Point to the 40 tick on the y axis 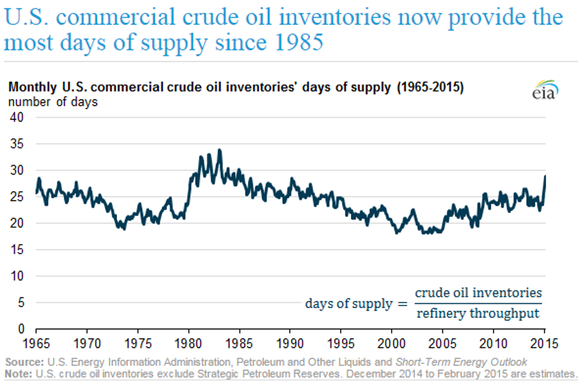click(17, 117)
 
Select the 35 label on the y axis click(17, 144)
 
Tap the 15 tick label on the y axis click(17, 250)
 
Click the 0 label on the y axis click(21, 329)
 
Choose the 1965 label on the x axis click(37, 342)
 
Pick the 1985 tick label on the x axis click(239, 342)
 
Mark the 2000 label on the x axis click(392, 342)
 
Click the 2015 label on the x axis click(544, 342)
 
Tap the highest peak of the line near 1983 click(220, 150)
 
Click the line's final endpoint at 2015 click(545, 176)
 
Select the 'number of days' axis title click(52, 101)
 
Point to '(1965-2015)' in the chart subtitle click(429, 87)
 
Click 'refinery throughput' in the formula click(478, 314)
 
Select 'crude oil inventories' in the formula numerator click(478, 293)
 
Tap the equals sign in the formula click(402, 304)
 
